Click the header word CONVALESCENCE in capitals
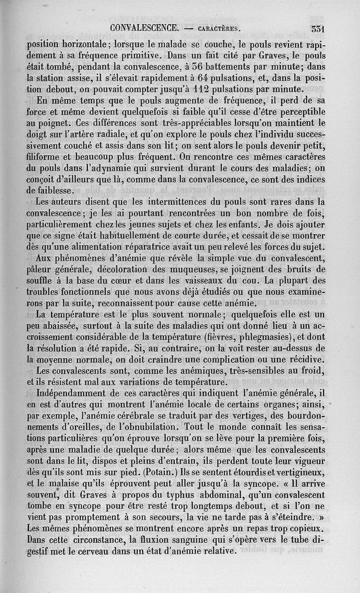(x=143, y=28)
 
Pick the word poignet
(x=49, y=121)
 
